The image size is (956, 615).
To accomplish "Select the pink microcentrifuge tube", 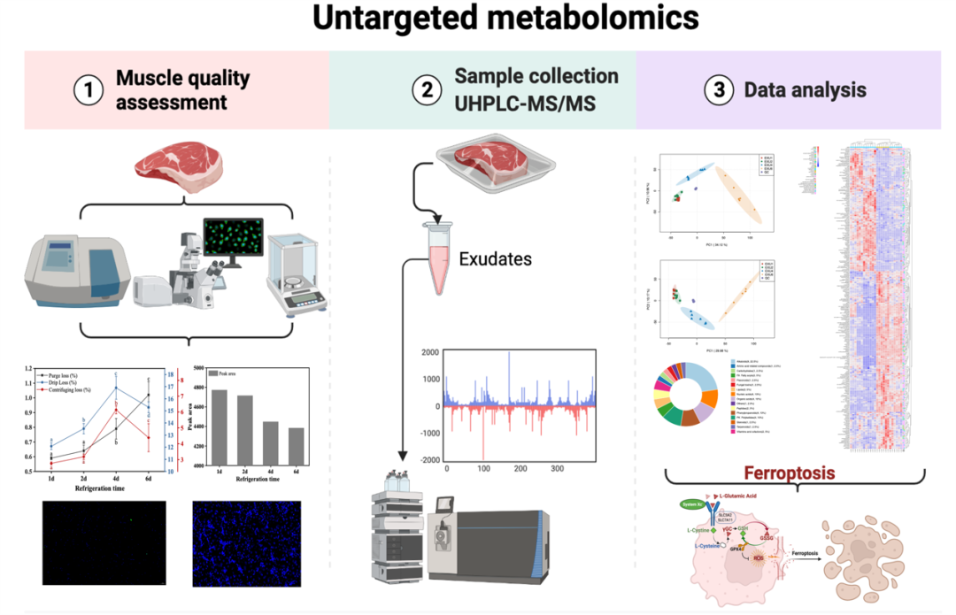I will [438, 258].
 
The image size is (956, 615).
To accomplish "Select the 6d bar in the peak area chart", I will [297, 446].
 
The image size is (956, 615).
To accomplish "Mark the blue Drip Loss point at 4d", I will [114, 388].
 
